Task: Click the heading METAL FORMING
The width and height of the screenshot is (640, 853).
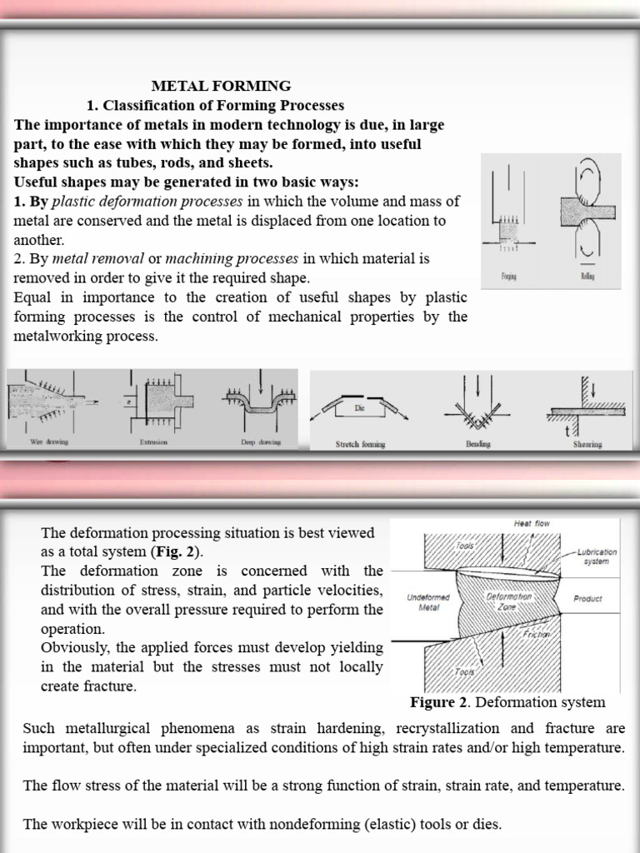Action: click(x=220, y=86)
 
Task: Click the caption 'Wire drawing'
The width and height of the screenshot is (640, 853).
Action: click(x=49, y=442)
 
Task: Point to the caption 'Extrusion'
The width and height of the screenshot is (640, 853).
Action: click(x=152, y=442)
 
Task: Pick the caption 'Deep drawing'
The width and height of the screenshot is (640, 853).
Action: click(x=260, y=442)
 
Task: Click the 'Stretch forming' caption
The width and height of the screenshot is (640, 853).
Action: click(x=360, y=444)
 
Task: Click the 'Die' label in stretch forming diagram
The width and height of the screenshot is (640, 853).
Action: click(x=360, y=408)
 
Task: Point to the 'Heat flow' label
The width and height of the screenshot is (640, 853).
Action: click(x=532, y=523)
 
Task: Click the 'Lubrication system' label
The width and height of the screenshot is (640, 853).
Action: click(x=596, y=556)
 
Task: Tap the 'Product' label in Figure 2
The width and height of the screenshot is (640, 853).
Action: click(x=587, y=598)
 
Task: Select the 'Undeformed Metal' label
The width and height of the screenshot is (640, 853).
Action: click(x=428, y=602)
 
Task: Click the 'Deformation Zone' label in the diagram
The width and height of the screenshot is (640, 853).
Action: click(x=508, y=602)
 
